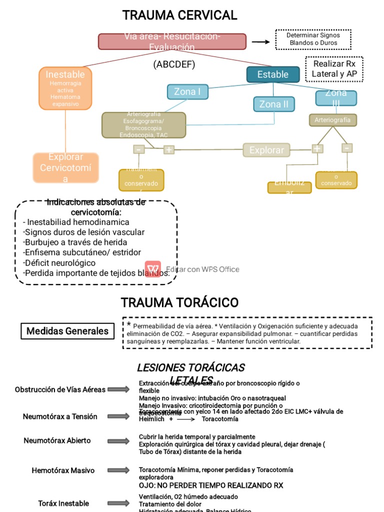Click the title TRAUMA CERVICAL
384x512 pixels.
pos(179,15)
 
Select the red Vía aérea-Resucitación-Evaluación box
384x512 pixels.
pos(172,41)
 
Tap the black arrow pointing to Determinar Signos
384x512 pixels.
pos(260,42)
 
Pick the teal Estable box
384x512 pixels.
pos(272,74)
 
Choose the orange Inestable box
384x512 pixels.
pos(65,88)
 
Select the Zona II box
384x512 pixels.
pos(273,104)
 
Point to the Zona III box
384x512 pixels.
pos(336,98)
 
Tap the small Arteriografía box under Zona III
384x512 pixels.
pos(332,120)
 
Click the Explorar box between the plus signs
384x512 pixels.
pos(266,150)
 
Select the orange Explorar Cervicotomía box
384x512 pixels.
pos(65,168)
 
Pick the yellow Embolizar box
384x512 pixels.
pos(289,187)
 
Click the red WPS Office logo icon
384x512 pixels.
pos(153,268)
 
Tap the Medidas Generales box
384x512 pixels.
pos(67,331)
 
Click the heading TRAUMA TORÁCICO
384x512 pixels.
pos(179,302)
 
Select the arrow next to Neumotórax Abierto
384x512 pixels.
pos(118,441)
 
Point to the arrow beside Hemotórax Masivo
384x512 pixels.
pos(118,470)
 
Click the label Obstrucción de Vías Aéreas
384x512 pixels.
pos(60,389)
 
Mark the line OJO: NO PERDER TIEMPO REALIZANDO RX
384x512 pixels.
pos(210,485)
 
